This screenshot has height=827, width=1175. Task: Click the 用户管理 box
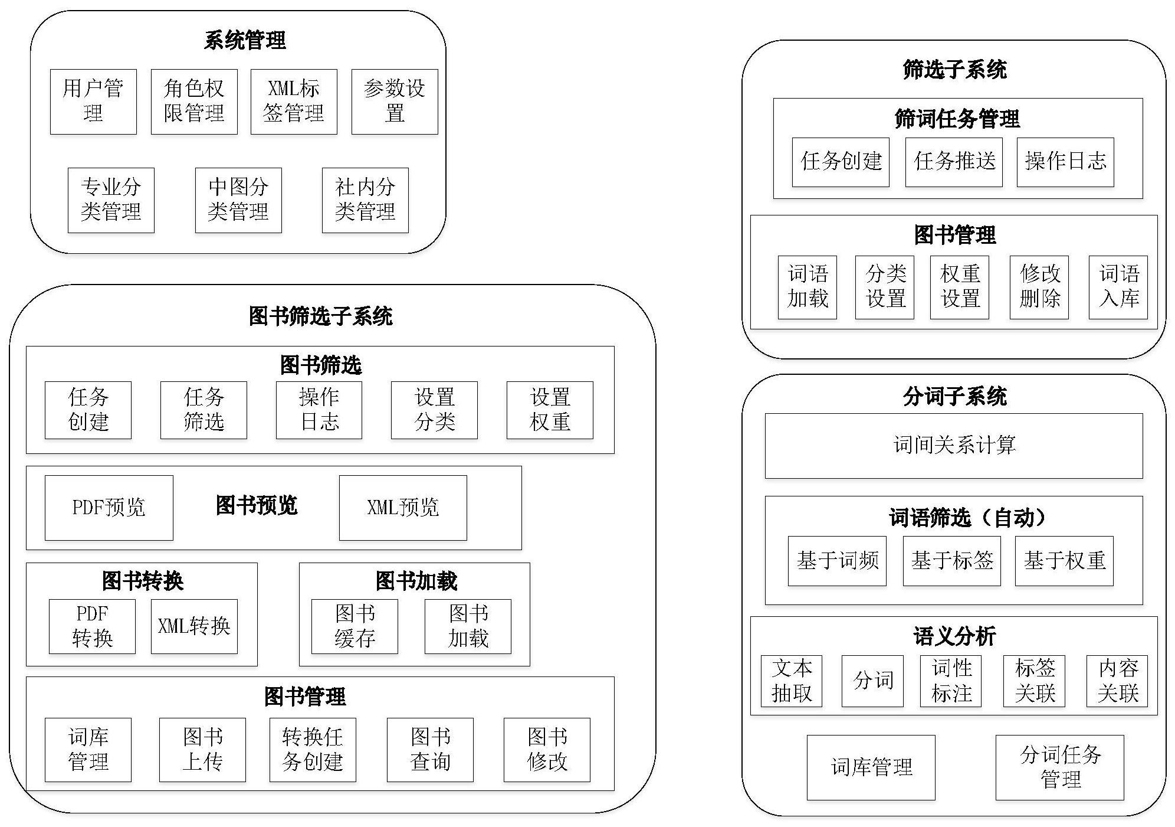pyautogui.click(x=93, y=102)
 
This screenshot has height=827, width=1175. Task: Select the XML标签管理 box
pyautogui.click(x=294, y=102)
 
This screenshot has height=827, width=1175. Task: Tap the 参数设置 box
pyautogui.click(x=395, y=102)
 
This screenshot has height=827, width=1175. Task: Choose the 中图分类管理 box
pyautogui.click(x=238, y=200)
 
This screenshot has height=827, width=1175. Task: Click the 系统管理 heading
pyautogui.click(x=245, y=41)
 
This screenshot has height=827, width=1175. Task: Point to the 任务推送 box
pyautogui.click(x=954, y=162)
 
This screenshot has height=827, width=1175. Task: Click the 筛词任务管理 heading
pyautogui.click(x=957, y=119)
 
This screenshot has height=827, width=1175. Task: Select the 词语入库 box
pyautogui.click(x=1118, y=287)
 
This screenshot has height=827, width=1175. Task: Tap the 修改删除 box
pyautogui.click(x=1039, y=287)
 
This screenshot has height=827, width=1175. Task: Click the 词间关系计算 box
pyautogui.click(x=954, y=445)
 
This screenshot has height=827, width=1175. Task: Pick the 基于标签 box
pyautogui.click(x=951, y=561)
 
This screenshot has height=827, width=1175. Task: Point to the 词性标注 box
pyautogui.click(x=951, y=681)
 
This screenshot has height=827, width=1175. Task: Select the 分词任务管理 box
pyautogui.click(x=1059, y=767)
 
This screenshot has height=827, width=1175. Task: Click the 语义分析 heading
pyautogui.click(x=954, y=637)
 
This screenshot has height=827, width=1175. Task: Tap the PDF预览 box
pyautogui.click(x=109, y=508)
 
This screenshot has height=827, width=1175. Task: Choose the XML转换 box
pyautogui.click(x=194, y=626)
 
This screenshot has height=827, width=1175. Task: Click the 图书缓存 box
pyautogui.click(x=355, y=626)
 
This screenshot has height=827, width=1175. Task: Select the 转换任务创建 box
pyautogui.click(x=313, y=750)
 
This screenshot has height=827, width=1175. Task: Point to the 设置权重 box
pyautogui.click(x=550, y=410)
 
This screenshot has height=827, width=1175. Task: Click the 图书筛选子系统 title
pyautogui.click(x=320, y=316)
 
